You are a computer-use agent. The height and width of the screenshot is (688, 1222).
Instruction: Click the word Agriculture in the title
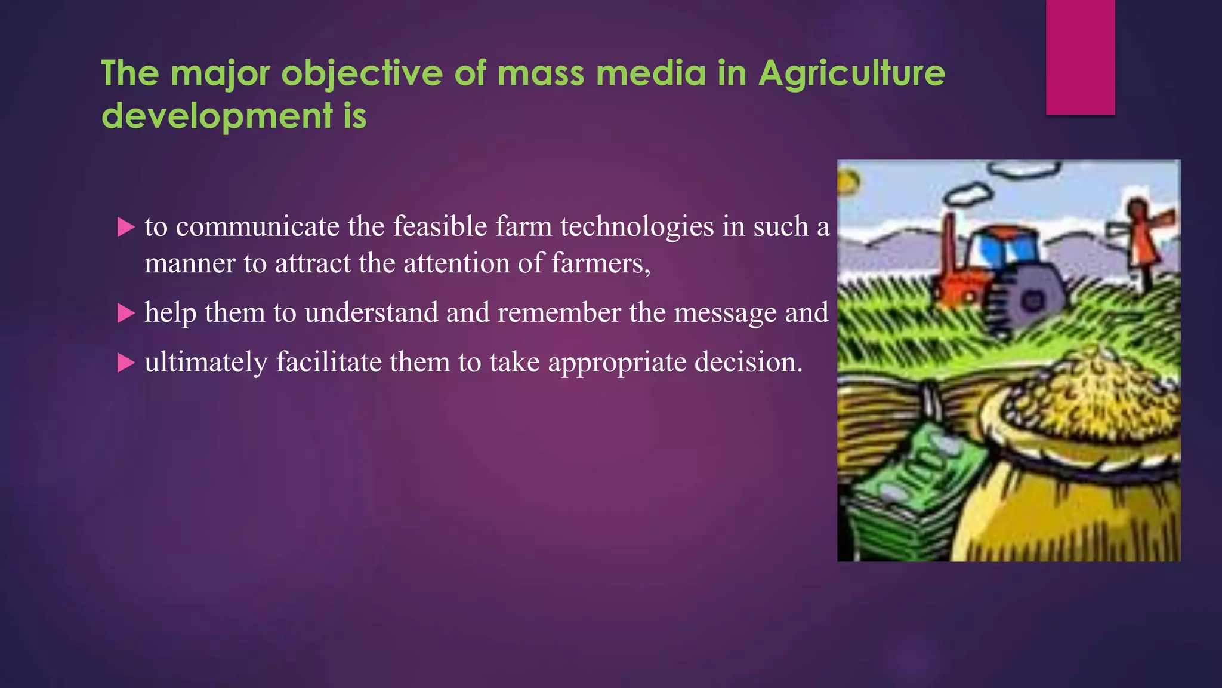851,73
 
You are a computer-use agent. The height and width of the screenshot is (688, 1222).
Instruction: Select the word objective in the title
362,73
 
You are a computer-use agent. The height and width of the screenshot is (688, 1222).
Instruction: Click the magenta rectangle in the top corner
1080,57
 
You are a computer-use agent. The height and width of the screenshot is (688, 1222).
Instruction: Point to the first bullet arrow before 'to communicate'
126,227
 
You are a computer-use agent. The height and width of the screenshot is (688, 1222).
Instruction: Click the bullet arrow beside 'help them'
126,313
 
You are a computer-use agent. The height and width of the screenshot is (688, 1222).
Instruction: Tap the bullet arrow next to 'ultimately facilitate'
126,363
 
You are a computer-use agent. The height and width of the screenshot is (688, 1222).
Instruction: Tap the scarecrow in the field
1141,239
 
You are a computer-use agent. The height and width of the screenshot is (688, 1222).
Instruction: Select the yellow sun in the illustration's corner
848,181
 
